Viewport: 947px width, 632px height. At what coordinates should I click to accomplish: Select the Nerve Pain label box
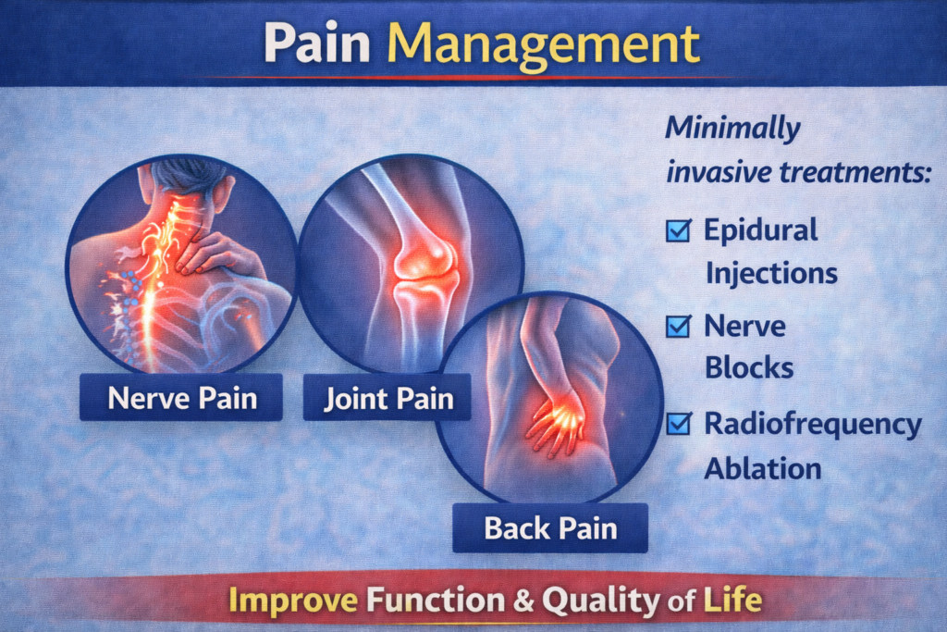pos(181,398)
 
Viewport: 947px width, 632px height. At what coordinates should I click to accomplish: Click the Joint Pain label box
pos(389,399)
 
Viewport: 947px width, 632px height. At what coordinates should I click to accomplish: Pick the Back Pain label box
pos(549,529)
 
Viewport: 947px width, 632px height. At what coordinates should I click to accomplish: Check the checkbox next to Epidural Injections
pos(679,230)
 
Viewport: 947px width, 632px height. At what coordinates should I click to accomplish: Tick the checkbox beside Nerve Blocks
pos(679,326)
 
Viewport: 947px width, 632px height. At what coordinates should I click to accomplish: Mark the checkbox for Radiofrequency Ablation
pos(679,424)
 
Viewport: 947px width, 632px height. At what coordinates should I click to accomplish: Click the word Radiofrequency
pos(813,425)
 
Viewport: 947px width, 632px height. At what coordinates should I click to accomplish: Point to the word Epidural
pos(761,229)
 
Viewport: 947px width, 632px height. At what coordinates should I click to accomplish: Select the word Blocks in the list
pos(749,368)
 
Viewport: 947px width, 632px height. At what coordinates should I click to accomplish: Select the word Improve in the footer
pos(293,601)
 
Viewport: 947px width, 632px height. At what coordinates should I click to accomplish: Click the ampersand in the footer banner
pos(523,601)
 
